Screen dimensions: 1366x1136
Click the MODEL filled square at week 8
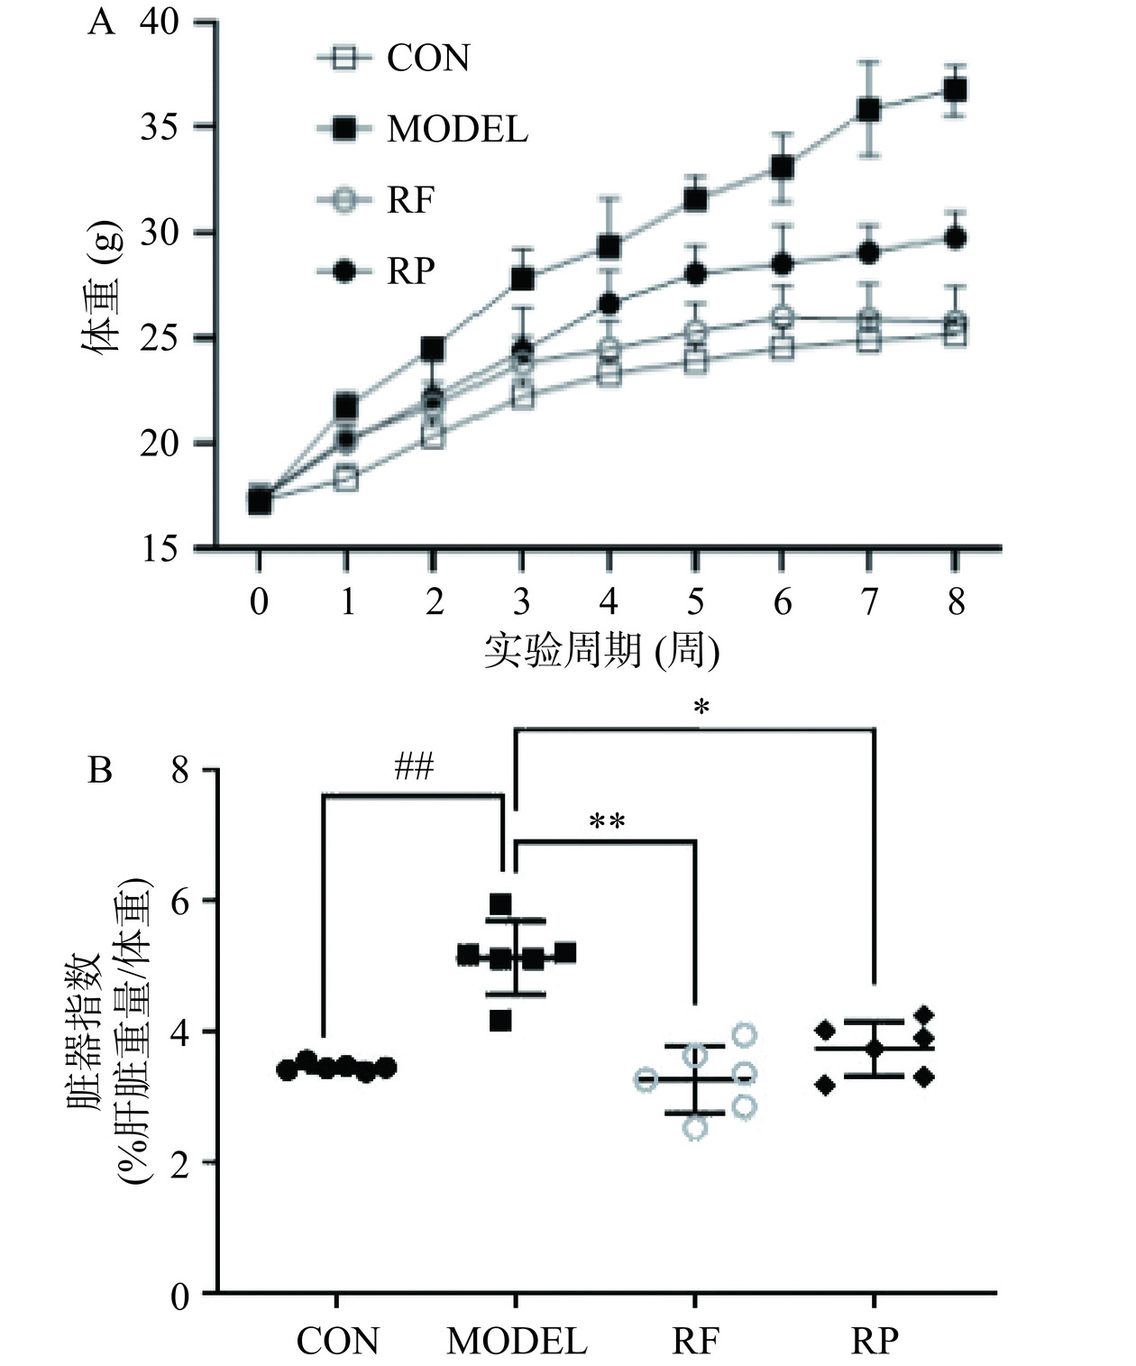955,90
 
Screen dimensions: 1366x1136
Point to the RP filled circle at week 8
955,238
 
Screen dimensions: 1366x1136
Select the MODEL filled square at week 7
868,110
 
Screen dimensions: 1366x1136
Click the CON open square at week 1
346,479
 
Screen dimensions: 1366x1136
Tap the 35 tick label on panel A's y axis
160,127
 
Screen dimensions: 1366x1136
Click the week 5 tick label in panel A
695,601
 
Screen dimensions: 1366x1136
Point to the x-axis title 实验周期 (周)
602,651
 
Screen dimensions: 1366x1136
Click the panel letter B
99,771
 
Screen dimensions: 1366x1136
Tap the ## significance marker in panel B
414,768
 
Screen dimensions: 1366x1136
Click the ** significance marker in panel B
607,822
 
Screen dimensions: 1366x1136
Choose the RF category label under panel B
695,1342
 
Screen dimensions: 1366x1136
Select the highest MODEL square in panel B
500,903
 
